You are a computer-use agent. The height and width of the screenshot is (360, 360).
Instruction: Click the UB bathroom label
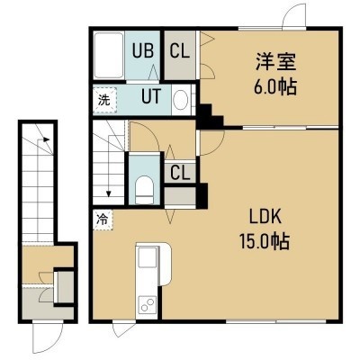pos(143,50)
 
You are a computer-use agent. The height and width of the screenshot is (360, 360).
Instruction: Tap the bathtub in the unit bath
pos(109,55)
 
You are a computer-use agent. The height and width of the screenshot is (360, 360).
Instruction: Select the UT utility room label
pos(151,96)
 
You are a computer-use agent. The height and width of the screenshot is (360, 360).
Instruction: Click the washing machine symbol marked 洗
pos(104,100)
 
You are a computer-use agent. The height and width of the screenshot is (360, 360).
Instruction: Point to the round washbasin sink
pos(181,100)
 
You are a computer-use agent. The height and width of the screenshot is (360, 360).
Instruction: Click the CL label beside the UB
pos(180,50)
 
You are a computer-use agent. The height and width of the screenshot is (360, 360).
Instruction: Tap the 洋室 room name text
pos(275,62)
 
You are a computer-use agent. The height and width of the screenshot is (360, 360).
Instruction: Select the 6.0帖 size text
pos(275,86)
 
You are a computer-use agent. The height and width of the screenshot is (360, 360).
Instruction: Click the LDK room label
pos(265,217)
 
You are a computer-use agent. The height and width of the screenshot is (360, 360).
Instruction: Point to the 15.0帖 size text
pos(264,241)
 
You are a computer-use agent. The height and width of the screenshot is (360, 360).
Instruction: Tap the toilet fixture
pos(144,190)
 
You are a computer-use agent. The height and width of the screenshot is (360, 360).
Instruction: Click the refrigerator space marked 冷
pos(103,220)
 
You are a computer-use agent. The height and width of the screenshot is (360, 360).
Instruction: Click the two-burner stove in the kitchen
pos(147,304)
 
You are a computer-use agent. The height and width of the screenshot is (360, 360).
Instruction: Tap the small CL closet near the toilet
pos(180,173)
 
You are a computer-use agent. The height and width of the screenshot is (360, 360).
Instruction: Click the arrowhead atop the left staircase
pos(46,139)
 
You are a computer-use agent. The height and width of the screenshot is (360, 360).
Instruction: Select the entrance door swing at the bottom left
pos(48,337)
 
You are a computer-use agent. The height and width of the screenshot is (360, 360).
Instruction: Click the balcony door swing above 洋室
pos(294,14)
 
